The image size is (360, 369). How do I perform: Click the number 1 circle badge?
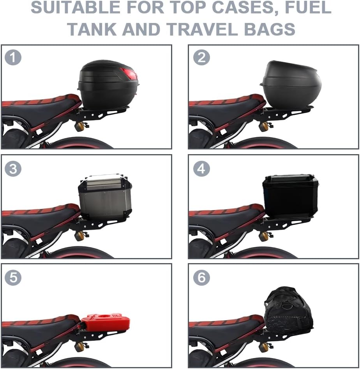(13, 58)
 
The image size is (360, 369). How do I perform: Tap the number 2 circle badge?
(201, 58)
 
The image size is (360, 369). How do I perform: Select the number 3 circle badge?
(13, 169)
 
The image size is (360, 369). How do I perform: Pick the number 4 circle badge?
(201, 169)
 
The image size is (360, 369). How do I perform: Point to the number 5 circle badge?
(13, 277)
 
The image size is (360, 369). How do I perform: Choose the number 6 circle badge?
(201, 277)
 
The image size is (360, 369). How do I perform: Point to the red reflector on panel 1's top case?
(129, 74)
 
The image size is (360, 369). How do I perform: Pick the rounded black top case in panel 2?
(291, 84)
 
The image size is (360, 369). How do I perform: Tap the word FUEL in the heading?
(308, 7)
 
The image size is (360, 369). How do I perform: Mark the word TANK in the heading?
(92, 29)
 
